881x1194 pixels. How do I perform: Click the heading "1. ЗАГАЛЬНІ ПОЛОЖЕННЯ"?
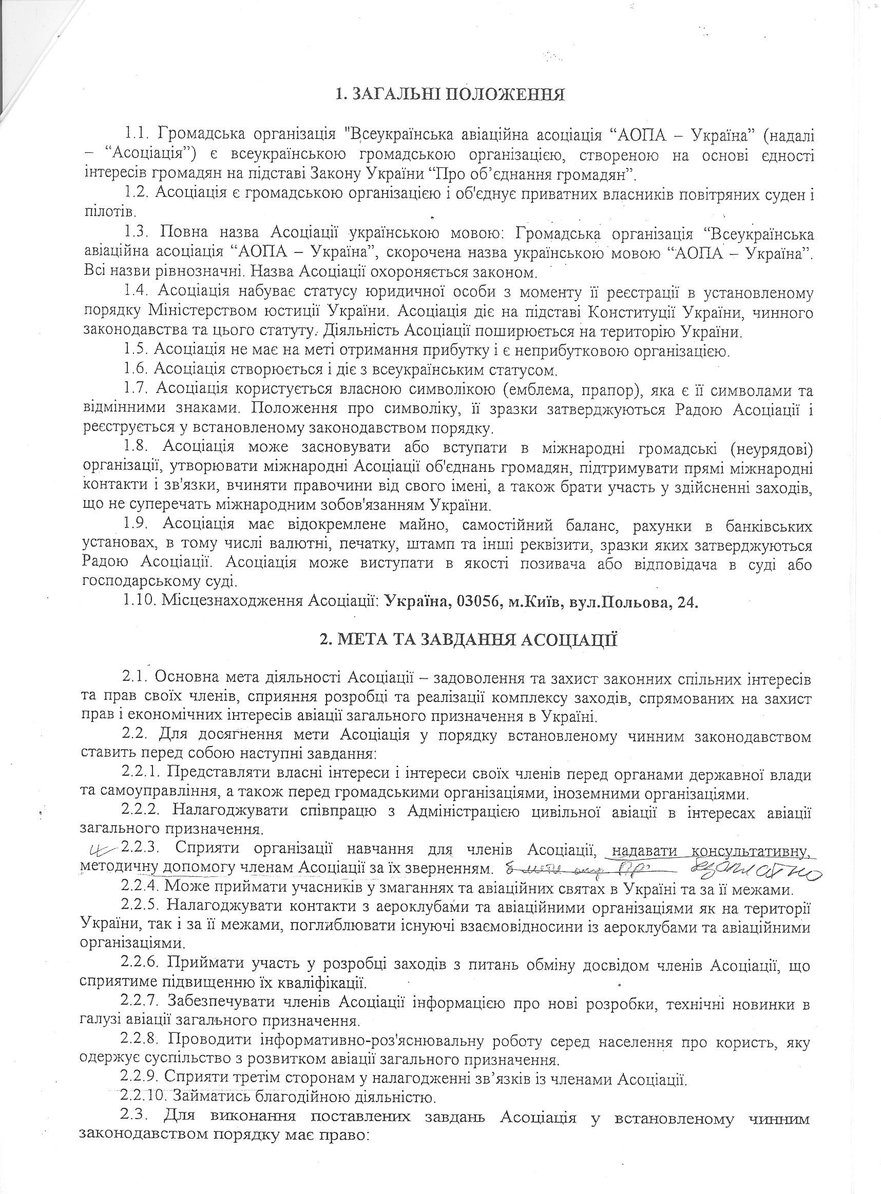[x=450, y=95]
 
